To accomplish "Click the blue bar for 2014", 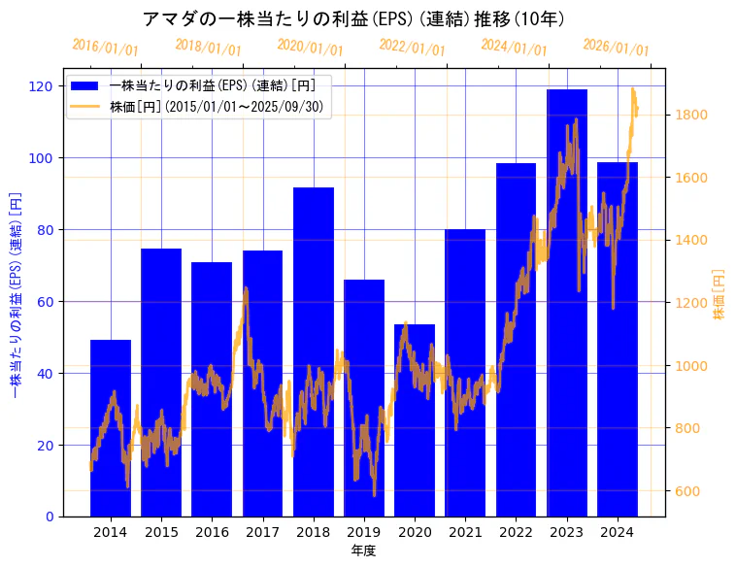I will [111, 427].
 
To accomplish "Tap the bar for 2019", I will [364, 398].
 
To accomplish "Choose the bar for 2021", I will [465, 373].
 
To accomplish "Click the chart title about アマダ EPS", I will [353, 19].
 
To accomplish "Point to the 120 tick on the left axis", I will [43, 85].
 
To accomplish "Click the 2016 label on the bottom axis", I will [212, 532].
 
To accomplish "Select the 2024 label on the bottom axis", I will [618, 532].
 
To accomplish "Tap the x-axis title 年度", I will [363, 550].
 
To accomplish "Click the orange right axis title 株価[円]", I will [719, 294].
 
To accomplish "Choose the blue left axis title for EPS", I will [15, 295].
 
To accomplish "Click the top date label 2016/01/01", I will [105, 47].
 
